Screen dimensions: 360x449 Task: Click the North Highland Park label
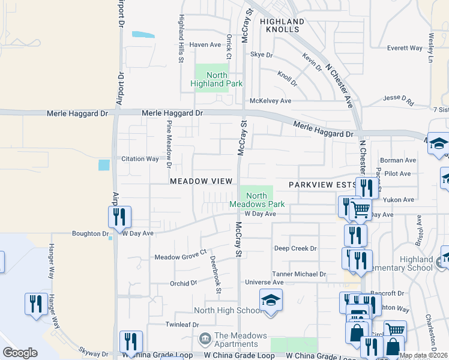[217, 79]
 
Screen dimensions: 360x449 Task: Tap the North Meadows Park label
[256, 200]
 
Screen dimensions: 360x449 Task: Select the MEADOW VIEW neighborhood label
[200, 181]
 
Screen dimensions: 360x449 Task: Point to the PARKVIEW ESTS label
[320, 185]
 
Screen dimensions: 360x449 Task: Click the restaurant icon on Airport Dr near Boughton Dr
[119, 217]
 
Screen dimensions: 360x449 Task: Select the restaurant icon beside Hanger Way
[36, 303]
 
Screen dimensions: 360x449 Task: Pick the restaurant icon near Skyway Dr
[131, 341]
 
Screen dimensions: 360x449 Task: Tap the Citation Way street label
[140, 159]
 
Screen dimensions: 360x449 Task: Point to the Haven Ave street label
[205, 45]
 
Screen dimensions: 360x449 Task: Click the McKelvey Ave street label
[270, 101]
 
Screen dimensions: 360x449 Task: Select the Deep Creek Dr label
[295, 248]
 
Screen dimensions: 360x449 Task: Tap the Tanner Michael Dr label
[298, 274]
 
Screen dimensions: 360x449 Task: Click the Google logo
[20, 353]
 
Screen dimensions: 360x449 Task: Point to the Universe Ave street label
[264, 282]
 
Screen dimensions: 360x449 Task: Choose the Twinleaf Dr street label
[182, 324]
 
